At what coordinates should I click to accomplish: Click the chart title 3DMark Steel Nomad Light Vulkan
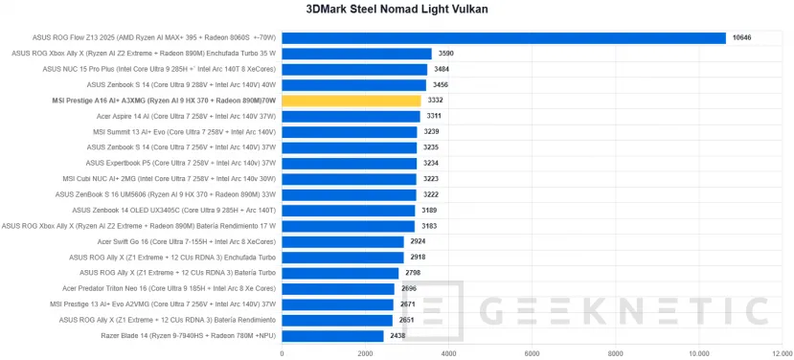397,11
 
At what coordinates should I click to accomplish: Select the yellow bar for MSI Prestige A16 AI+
351,101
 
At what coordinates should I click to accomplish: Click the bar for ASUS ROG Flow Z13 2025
504,38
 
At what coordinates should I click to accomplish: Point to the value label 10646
742,38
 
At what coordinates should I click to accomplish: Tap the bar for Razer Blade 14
332,336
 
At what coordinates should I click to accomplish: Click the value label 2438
397,336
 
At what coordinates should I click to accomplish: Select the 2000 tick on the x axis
365,352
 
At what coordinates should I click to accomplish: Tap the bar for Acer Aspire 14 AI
351,116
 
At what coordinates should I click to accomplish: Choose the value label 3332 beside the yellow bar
436,101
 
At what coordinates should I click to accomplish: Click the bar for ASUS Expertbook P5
349,163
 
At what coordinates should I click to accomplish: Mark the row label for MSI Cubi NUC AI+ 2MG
170,179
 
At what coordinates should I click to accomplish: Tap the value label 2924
420,241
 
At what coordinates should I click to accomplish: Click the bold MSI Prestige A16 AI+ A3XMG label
164,101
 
